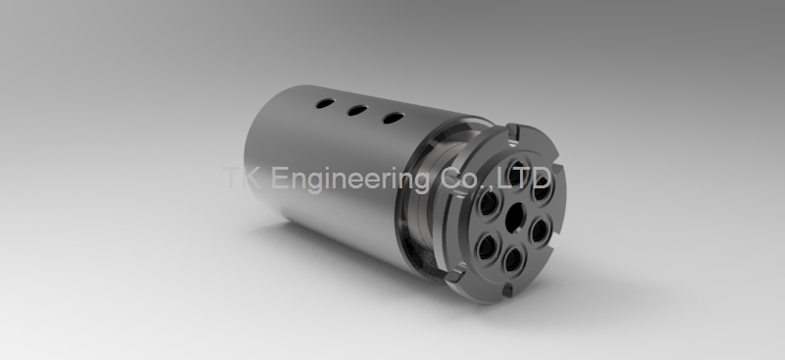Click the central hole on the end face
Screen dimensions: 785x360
(514, 219)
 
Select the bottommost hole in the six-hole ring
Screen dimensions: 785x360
(512, 260)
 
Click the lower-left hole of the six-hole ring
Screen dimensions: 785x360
(486, 247)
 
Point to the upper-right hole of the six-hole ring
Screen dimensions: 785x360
(542, 187)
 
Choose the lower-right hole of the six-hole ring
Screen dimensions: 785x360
(540, 231)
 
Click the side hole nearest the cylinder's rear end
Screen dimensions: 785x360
(326, 104)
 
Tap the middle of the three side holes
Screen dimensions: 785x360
(357, 110)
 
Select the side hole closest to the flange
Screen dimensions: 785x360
(393, 118)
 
